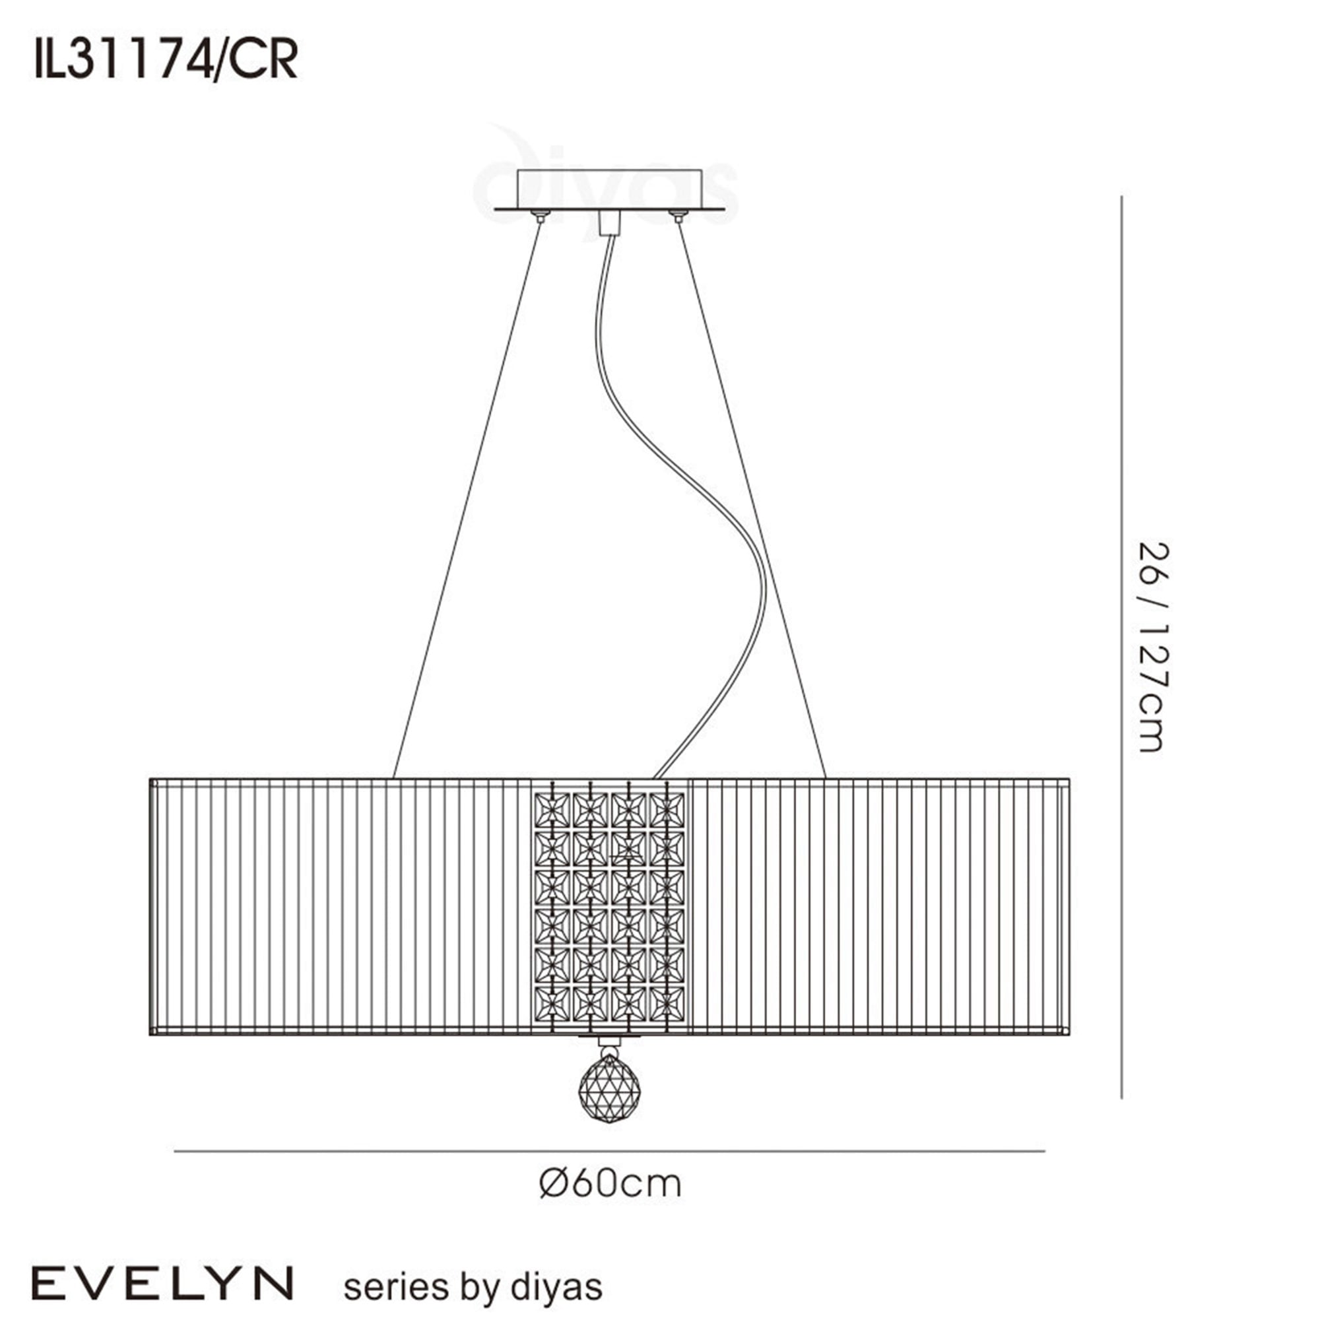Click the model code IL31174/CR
click(x=166, y=61)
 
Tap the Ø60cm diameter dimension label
click(x=610, y=1184)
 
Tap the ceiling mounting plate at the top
click(x=609, y=190)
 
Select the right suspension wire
click(x=752, y=499)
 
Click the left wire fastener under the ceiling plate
click(x=542, y=217)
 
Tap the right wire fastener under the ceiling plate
click(x=678, y=217)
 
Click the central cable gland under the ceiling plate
click(x=609, y=224)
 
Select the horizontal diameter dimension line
click(x=609, y=1151)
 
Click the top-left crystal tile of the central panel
click(x=551, y=810)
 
